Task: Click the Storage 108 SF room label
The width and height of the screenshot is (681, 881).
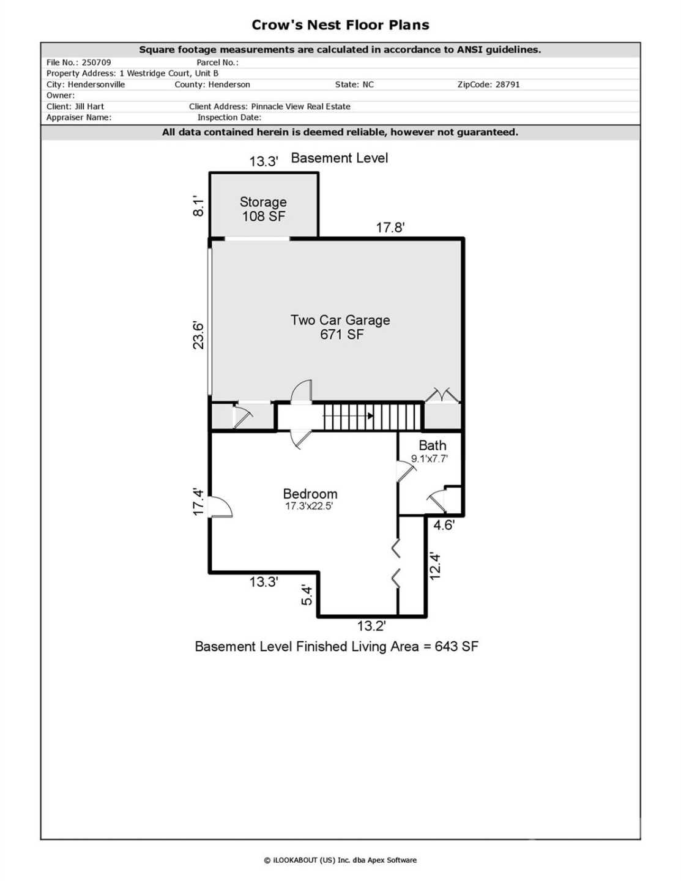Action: tap(263, 209)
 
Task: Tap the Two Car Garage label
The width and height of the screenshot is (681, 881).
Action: tap(340, 327)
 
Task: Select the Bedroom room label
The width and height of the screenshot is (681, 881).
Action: tap(310, 494)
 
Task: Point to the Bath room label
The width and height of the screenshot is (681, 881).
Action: tap(432, 446)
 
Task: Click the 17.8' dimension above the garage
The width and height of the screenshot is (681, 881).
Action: tap(390, 228)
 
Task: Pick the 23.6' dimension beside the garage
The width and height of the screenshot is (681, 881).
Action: tap(198, 335)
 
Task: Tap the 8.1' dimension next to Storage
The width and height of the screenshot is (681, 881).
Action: tap(198, 206)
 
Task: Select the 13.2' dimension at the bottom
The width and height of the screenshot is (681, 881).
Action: tap(371, 626)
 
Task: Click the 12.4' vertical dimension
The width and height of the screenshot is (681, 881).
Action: tap(435, 565)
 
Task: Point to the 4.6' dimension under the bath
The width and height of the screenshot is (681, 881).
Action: tap(444, 525)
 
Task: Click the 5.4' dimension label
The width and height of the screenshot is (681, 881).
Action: tap(307, 595)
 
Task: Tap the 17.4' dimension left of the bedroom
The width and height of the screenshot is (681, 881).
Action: tap(198, 502)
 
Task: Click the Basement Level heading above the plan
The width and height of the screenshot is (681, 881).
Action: tap(340, 158)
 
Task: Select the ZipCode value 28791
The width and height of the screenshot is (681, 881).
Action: tap(507, 84)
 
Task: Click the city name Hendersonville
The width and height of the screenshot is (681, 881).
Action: tap(96, 84)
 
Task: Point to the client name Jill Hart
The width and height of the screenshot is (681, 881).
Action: tap(89, 106)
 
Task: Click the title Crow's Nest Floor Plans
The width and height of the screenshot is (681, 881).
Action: tap(340, 25)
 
